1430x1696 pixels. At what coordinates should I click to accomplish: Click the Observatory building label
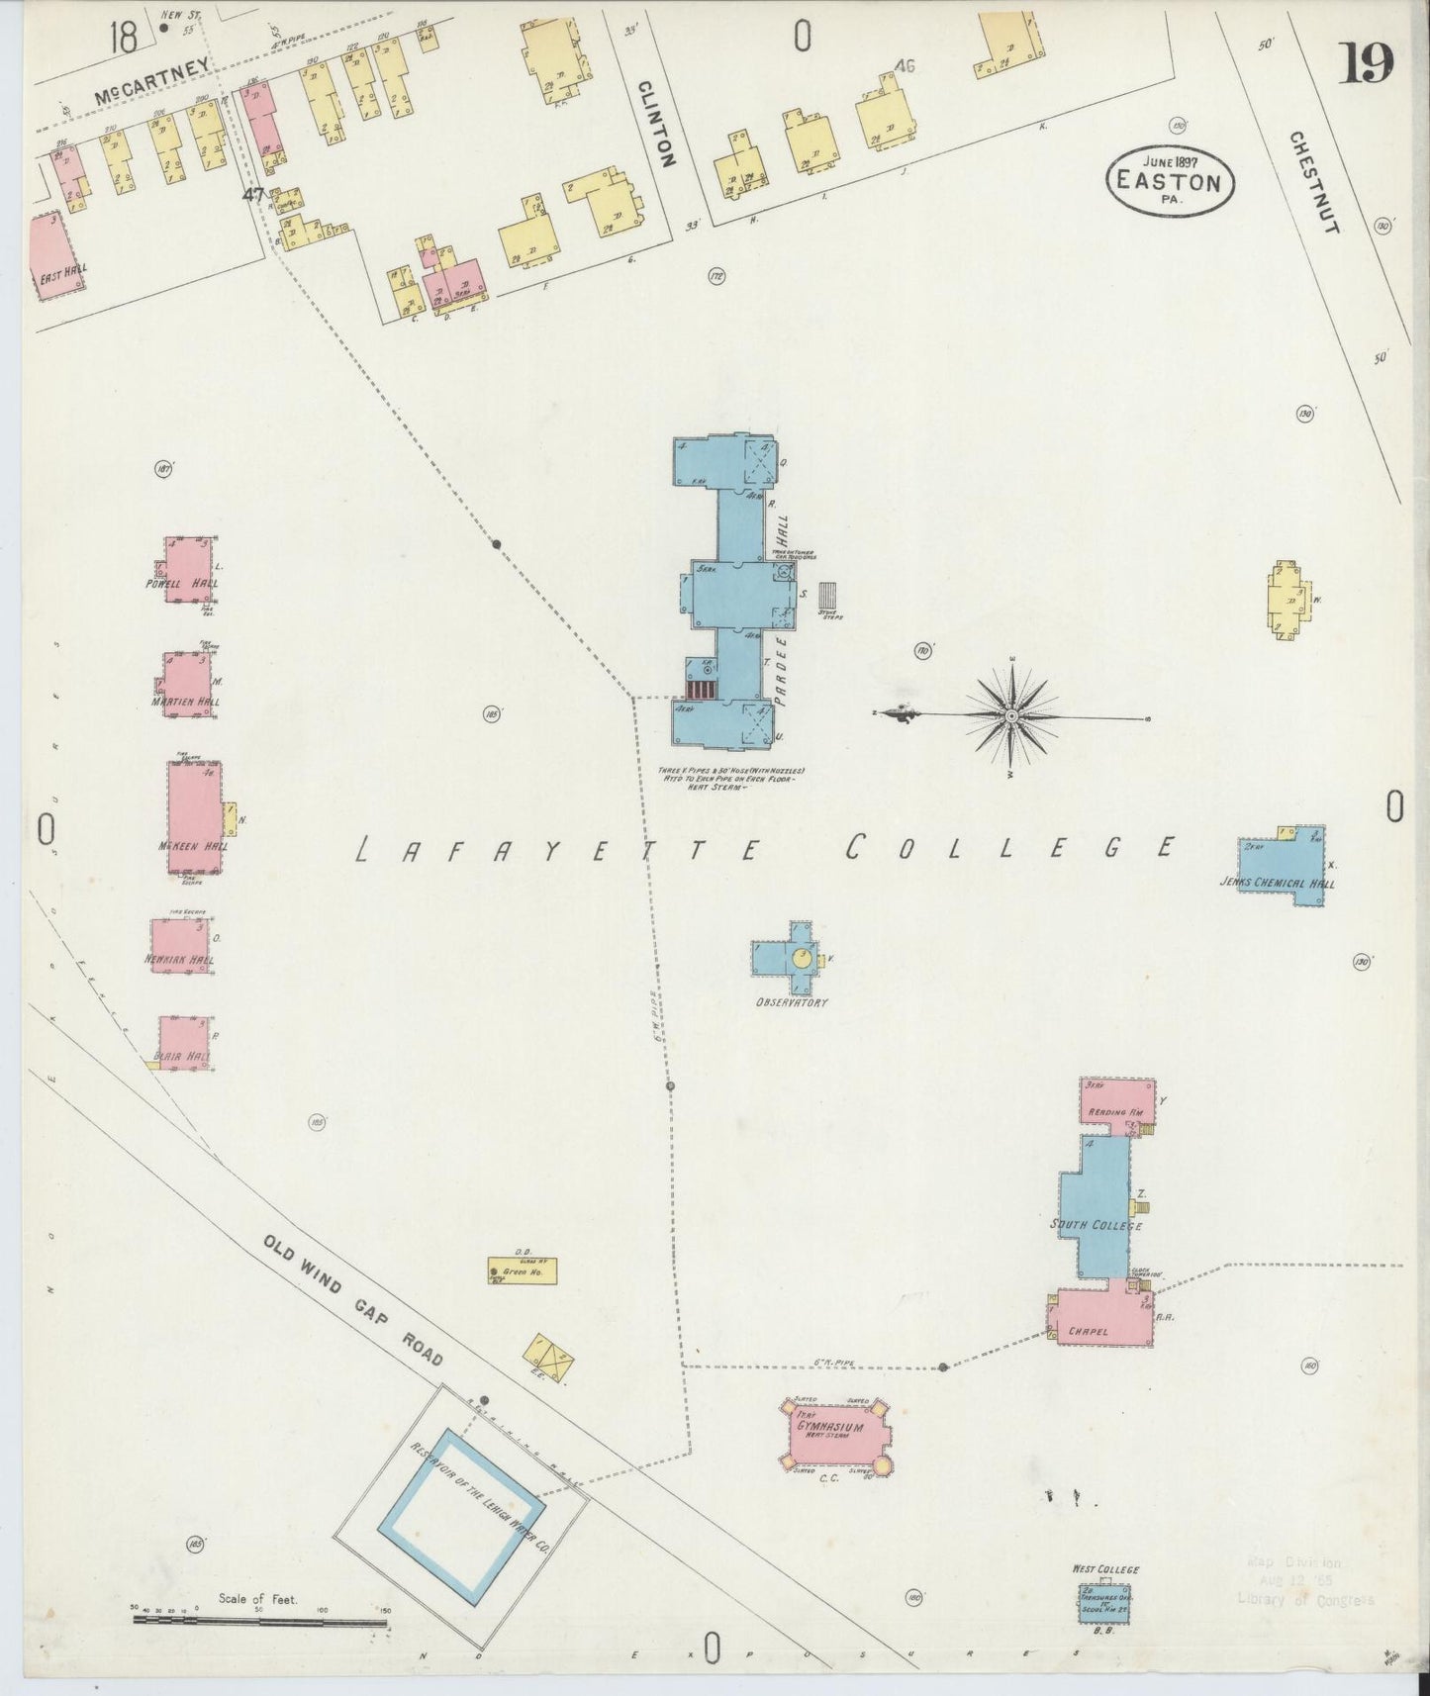click(792, 1002)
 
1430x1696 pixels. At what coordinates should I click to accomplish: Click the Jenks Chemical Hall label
click(1278, 884)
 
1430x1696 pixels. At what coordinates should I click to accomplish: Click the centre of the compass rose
click(1012, 714)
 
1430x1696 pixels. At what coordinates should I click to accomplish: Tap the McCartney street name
click(153, 82)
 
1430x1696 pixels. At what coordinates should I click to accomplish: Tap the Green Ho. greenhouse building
click(522, 1271)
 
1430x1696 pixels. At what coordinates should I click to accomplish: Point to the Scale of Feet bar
click(259, 1620)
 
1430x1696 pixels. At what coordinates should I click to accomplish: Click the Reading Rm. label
click(1115, 1112)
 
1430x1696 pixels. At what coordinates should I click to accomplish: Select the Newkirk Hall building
click(180, 947)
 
